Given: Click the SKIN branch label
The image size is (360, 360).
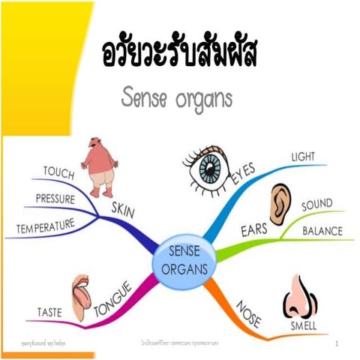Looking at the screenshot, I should click(123, 211).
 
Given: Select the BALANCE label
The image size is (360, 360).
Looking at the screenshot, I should click(322, 231).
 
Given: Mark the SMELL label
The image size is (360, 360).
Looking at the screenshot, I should click(304, 327).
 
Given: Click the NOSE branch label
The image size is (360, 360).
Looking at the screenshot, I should click(248, 311).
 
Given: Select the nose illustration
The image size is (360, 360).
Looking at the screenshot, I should click(299, 295).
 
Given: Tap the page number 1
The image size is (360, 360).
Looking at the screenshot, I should click(338, 343).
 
